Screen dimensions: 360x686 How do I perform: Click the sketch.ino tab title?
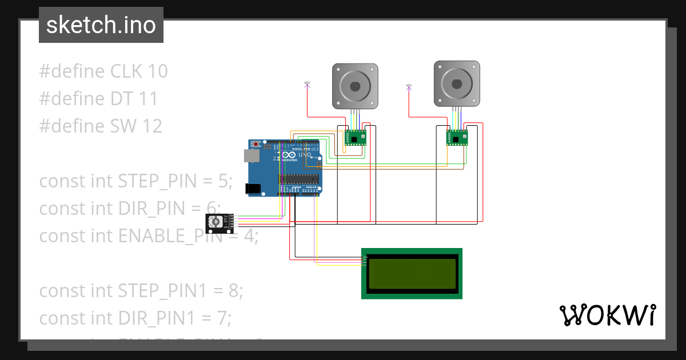click(x=101, y=25)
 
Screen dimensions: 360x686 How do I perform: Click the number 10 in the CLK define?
click(x=157, y=71)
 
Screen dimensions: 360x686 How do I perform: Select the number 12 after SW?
click(x=151, y=126)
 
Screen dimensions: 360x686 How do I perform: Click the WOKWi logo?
click(x=607, y=315)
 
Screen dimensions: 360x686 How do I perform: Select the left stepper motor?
click(x=355, y=86)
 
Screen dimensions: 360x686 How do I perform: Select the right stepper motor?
click(x=456, y=84)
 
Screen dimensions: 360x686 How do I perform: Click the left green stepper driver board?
click(x=355, y=138)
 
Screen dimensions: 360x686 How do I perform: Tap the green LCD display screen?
click(x=412, y=273)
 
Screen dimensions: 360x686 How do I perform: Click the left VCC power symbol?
click(x=307, y=84)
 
